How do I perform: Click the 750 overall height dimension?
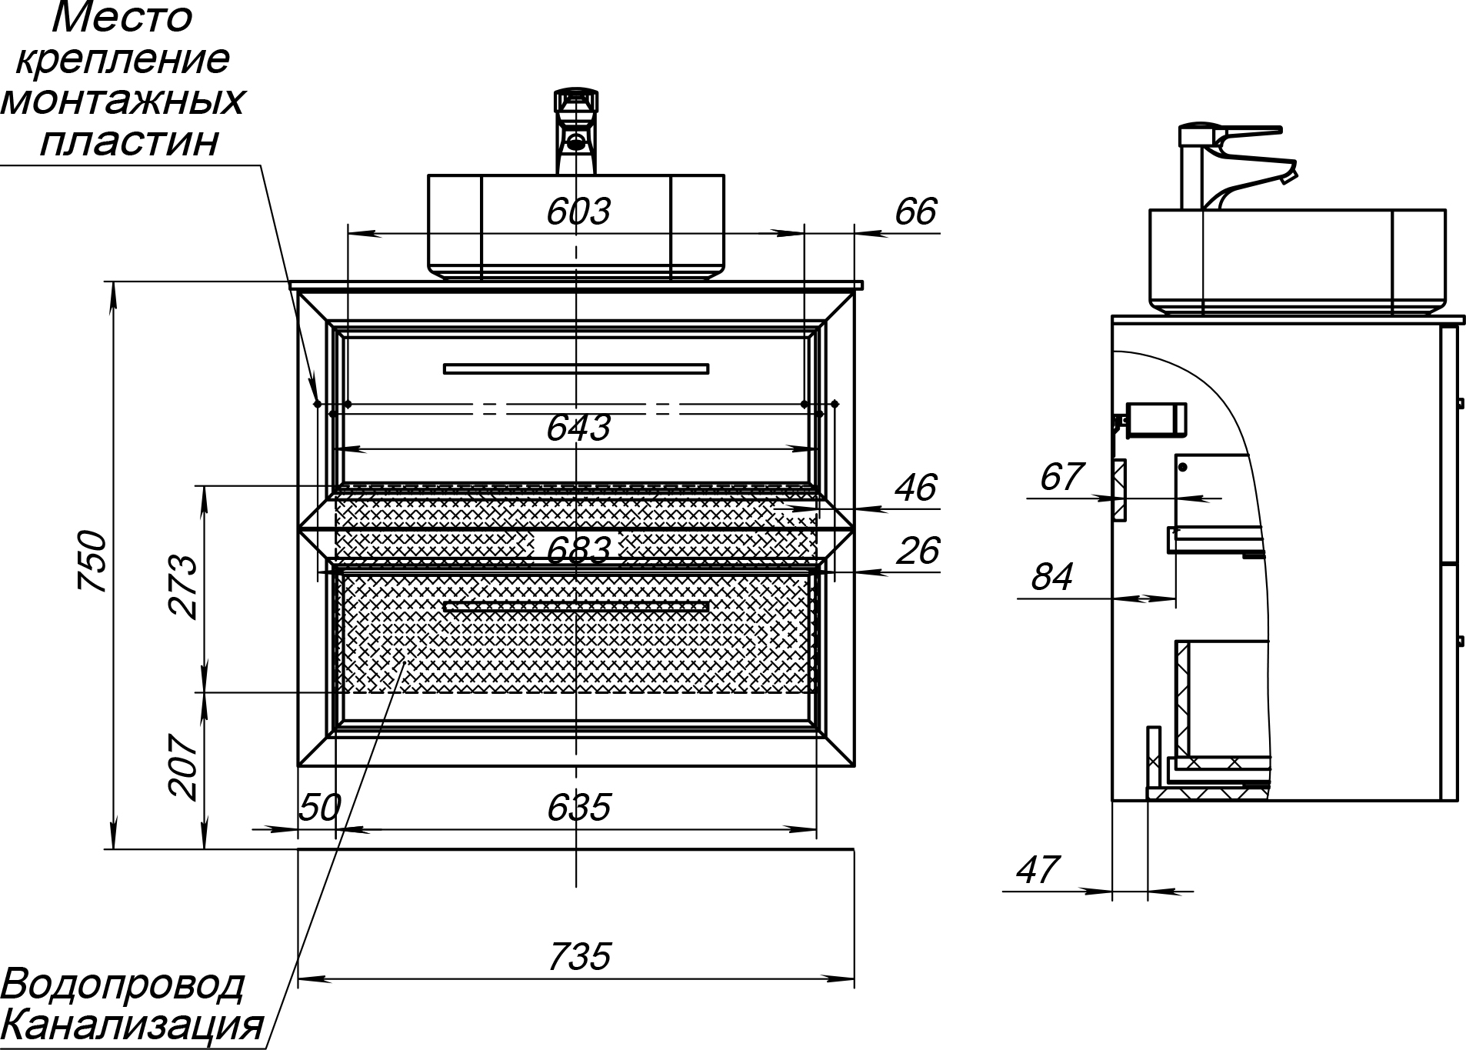coord(92,559)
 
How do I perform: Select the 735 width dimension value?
coord(579,957)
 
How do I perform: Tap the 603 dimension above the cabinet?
coord(578,212)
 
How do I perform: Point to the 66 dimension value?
coord(916,212)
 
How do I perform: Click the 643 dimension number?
coord(578,428)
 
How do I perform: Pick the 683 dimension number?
coord(578,549)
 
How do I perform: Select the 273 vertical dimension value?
coord(185,586)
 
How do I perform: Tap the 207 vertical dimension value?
coord(185,767)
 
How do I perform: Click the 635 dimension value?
coord(578,808)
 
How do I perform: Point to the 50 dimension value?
coord(319,808)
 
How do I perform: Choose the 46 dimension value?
coord(916,488)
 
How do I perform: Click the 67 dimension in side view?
coord(1061,478)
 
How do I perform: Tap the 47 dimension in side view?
coord(1038,870)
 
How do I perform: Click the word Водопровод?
coord(123,985)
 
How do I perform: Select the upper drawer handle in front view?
coord(575,369)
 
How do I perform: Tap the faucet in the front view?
coord(576,131)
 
